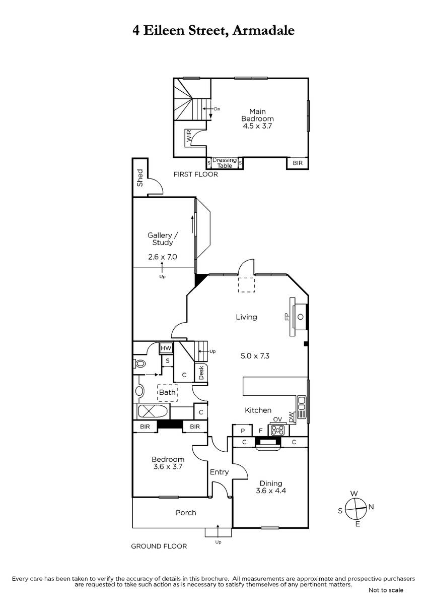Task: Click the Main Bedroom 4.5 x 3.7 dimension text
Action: click(x=257, y=126)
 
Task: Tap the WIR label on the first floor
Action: click(x=189, y=136)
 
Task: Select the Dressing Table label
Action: click(x=225, y=163)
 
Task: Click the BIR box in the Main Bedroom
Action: click(x=298, y=163)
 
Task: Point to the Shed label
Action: click(x=139, y=177)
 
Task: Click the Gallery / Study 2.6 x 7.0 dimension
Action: click(x=162, y=257)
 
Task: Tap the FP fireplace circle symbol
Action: click(x=300, y=317)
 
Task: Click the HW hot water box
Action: click(x=166, y=348)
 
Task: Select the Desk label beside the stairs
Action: click(x=201, y=373)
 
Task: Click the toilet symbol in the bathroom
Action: click(x=139, y=363)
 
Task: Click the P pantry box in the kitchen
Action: click(x=243, y=431)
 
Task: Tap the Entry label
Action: click(x=219, y=472)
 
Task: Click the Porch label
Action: click(x=186, y=513)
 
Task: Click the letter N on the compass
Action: click(x=371, y=507)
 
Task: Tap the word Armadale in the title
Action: click(x=263, y=30)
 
